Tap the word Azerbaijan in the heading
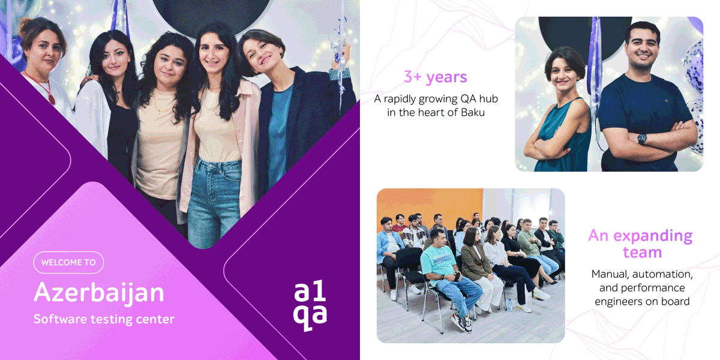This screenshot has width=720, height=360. (x=99, y=293)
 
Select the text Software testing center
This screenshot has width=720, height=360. (x=104, y=319)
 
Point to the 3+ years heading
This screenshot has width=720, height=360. (x=435, y=77)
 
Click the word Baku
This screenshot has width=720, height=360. (x=472, y=112)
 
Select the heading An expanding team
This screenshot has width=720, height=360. (x=640, y=244)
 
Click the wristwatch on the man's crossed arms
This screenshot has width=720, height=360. (x=642, y=139)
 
